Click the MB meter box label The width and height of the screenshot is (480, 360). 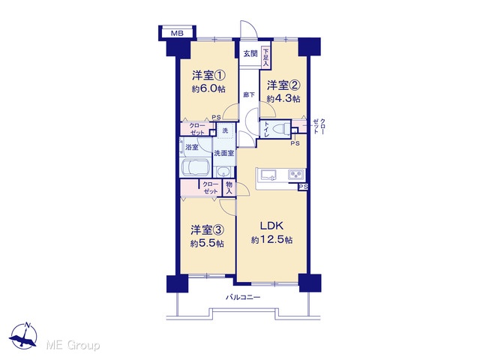177,33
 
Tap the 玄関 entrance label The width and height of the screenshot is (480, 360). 250,54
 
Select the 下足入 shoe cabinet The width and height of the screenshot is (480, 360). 265,57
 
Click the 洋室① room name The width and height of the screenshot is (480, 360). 208,75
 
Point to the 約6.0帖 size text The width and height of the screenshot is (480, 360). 208,88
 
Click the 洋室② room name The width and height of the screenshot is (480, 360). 283,85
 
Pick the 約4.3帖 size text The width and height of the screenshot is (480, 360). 283,99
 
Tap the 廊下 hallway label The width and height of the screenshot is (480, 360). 248,95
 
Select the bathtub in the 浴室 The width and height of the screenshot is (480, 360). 195,168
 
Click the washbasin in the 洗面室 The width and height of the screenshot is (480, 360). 225,172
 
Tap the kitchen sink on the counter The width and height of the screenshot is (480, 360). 268,175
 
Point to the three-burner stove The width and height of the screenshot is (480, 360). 296,175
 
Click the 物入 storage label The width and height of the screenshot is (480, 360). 229,188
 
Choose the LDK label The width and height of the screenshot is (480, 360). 271,226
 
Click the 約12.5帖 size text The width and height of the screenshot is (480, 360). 271,240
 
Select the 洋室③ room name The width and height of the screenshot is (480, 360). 207,229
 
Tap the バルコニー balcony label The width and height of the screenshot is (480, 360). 243,297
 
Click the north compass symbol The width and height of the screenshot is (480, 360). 23,336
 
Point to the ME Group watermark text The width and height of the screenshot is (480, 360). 73,346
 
